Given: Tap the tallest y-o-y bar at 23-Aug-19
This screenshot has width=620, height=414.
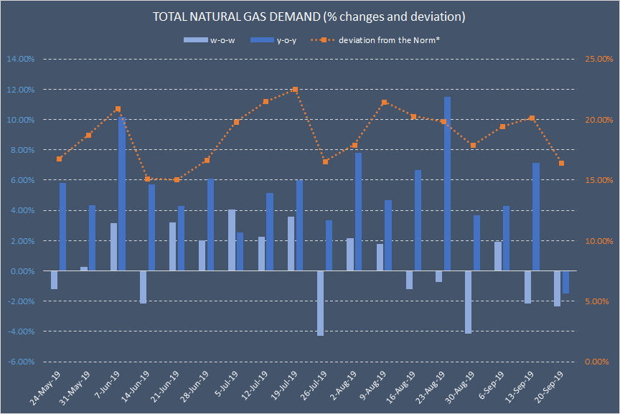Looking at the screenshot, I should (447, 184).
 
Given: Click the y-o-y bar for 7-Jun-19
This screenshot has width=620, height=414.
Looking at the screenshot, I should (122, 194).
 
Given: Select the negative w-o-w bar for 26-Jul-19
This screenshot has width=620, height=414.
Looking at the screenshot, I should (320, 303).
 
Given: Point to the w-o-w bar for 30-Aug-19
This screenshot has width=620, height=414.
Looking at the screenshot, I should (468, 302).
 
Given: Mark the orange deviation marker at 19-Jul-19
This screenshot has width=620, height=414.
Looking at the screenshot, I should (295, 90).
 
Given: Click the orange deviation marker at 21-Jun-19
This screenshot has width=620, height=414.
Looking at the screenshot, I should (177, 179).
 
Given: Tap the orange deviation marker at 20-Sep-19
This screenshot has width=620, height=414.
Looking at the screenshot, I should (561, 164).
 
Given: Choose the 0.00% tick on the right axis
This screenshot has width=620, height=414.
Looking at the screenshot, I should (598, 362).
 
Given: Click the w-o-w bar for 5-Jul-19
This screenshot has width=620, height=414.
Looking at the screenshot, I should (232, 240).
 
